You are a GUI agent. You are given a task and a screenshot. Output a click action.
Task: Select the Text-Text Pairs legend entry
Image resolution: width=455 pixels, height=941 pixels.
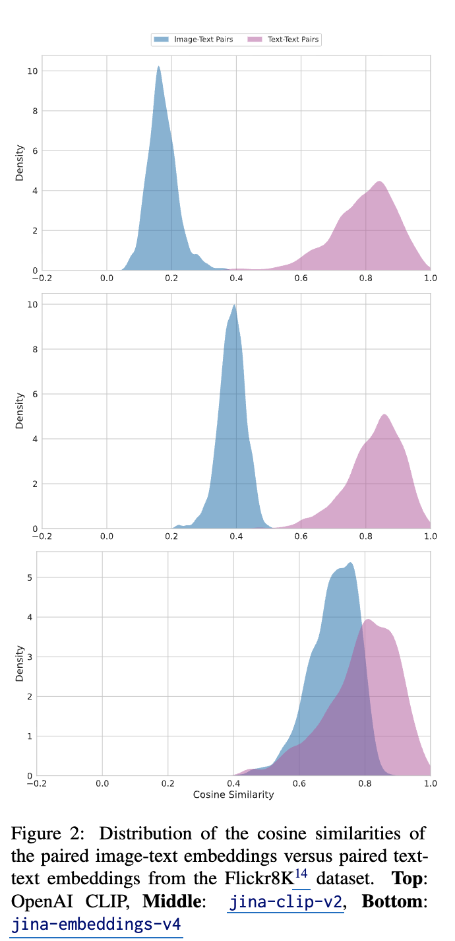(284, 40)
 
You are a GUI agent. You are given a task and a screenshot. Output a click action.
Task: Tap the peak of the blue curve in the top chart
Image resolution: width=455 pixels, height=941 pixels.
(158, 67)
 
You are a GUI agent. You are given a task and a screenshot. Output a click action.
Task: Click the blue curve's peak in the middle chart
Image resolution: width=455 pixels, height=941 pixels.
(234, 305)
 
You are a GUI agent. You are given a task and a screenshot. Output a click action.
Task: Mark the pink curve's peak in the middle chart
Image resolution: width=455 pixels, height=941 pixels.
(384, 414)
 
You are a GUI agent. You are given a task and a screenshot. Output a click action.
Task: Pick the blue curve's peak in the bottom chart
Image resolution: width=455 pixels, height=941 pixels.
(350, 563)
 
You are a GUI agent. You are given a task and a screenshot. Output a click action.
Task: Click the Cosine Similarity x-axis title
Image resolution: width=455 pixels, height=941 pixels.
(233, 795)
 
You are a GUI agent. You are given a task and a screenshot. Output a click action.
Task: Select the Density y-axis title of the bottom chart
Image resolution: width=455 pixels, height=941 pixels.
(20, 664)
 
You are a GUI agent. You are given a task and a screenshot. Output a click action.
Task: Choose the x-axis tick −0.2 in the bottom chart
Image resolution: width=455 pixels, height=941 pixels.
(37, 783)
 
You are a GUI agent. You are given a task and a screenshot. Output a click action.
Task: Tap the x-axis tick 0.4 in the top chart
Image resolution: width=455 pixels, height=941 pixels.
(236, 278)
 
